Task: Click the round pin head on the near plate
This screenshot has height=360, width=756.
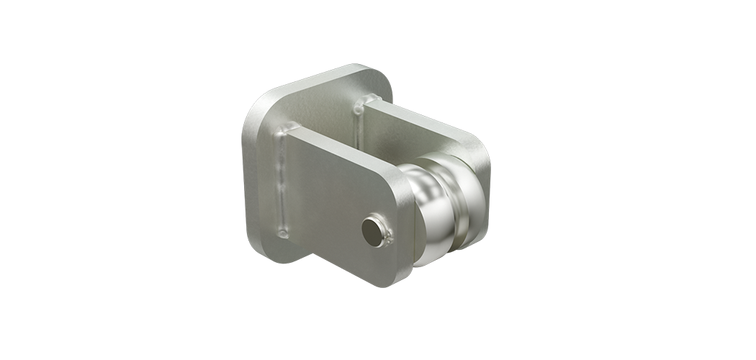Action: click(x=372, y=230)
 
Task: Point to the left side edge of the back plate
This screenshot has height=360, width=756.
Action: click(x=246, y=180)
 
